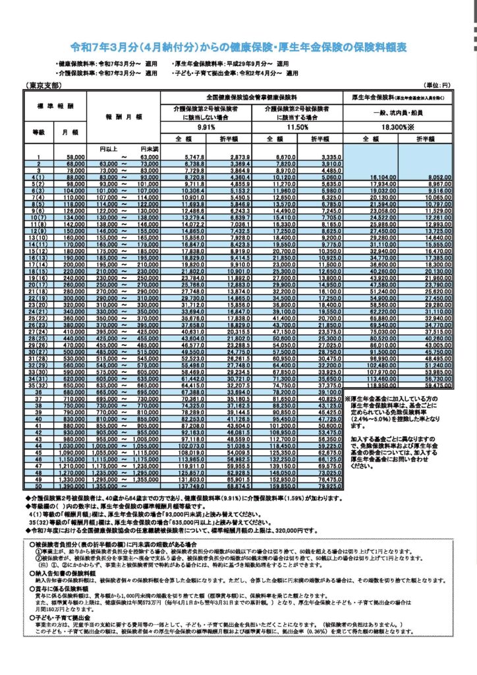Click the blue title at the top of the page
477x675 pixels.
(x=238, y=47)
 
